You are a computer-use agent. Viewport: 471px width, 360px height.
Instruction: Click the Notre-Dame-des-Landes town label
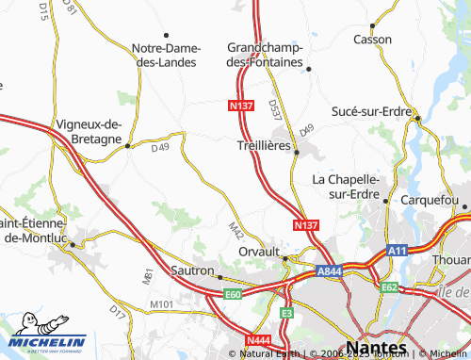[x=164, y=55]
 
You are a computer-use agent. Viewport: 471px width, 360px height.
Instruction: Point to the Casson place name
[x=372, y=39]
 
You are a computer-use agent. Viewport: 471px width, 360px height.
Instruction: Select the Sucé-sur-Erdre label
[x=371, y=111]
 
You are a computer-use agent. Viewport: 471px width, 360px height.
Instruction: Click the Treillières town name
[x=262, y=147]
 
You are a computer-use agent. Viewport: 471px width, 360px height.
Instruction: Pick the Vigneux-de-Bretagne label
[x=89, y=131]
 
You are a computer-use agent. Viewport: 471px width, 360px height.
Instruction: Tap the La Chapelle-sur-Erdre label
[x=346, y=187]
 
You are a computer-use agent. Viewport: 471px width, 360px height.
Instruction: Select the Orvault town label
[x=259, y=254]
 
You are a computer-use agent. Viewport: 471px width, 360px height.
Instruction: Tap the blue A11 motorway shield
[x=398, y=252]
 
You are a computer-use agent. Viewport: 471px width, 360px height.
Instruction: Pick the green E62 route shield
[x=389, y=286]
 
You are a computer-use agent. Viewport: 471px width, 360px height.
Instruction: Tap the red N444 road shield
[x=259, y=340]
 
